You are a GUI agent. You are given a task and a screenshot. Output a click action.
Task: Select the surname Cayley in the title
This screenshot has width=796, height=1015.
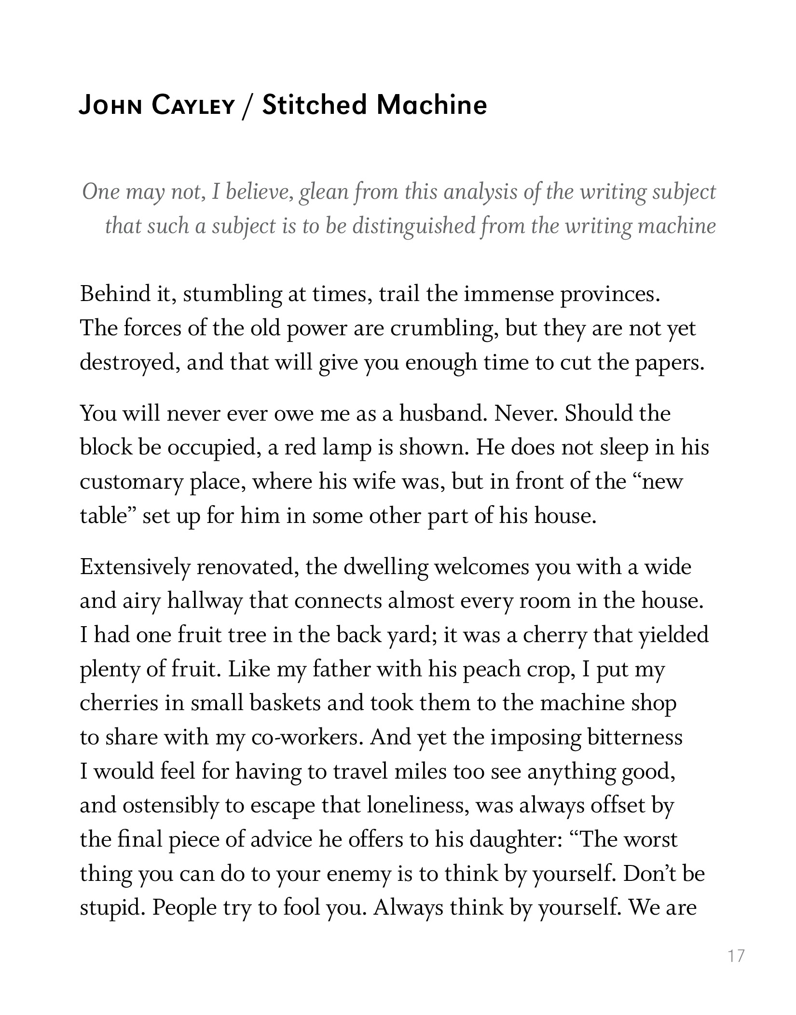tap(192, 106)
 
